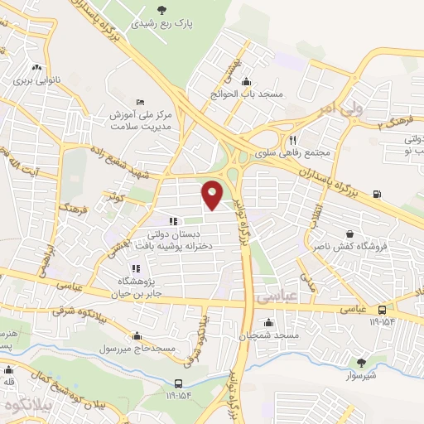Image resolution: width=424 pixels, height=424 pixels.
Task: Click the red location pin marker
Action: (213, 194)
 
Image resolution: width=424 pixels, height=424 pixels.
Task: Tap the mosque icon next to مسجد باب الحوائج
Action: (246, 81)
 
